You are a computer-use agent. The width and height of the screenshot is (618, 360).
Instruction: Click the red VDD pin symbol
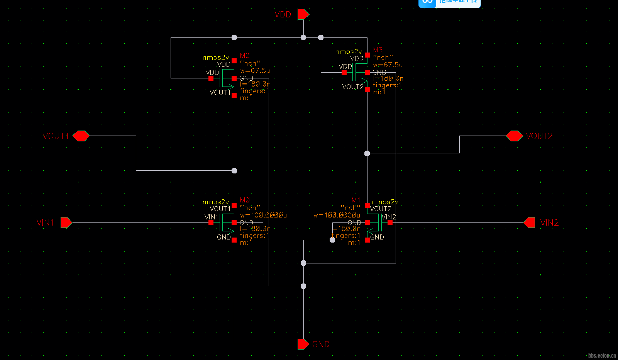point(303,14)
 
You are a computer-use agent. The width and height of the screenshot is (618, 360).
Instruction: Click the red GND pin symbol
point(303,344)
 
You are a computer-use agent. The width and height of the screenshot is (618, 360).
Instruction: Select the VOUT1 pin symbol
point(81,136)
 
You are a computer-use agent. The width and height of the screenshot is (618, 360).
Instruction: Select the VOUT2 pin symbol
point(514,136)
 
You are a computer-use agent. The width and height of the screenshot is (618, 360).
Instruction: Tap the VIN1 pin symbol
point(66,222)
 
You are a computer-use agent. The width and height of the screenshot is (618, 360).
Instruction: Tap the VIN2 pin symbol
point(530,222)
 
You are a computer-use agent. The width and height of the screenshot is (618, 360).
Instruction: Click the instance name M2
point(245,56)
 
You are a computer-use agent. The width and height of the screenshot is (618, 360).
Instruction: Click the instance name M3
point(378,50)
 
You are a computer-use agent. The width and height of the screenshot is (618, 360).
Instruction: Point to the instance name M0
point(245,200)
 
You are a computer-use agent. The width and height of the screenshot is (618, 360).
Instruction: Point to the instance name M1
point(356,200)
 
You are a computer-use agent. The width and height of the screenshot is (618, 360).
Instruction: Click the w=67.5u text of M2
point(255,71)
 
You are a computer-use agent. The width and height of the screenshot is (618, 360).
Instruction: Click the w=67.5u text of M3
point(388,65)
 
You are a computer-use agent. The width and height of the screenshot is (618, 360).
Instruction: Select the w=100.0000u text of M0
point(263,215)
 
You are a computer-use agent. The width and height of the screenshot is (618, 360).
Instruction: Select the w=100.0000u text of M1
point(337,215)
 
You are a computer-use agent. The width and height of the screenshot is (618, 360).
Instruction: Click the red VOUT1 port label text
point(56,136)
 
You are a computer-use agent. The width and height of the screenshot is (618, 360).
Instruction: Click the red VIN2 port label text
point(549,222)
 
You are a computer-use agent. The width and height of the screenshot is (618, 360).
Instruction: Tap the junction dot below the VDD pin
point(303,37)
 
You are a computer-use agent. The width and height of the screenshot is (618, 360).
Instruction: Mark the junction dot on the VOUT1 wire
point(234,170)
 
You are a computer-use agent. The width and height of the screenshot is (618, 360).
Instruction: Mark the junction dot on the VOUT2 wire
point(367,153)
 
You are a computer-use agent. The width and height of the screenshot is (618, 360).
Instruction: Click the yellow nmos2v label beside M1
point(385,202)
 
